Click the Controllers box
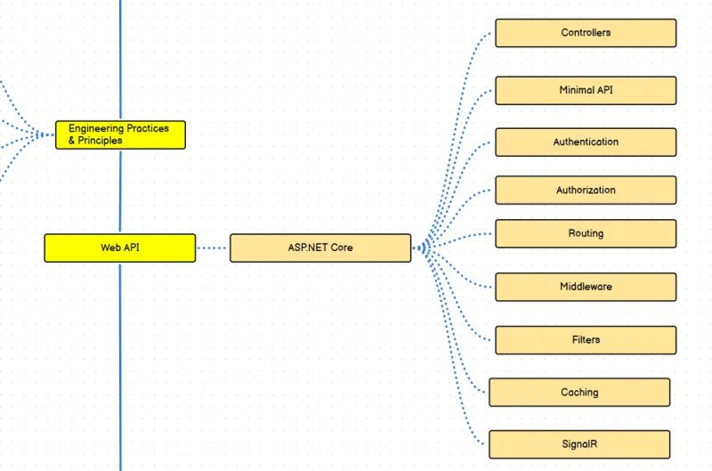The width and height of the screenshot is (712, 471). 586,33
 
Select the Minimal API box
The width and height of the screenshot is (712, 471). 586,90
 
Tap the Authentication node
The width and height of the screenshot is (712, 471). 586,142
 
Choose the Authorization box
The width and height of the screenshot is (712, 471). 586,190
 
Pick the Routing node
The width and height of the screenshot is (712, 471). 586,233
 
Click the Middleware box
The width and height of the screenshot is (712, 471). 586,287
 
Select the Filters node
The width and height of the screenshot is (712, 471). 586,339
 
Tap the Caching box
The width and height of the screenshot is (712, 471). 579,392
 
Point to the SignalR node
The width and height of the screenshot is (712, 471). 579,443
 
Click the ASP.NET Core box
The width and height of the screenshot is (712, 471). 320,248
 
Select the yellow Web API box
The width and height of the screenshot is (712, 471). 119,248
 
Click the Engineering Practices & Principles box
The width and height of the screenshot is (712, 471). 120,134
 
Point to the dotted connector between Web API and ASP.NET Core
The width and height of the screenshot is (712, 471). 213,248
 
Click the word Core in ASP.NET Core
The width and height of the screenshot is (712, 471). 342,248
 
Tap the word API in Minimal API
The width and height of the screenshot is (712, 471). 605,90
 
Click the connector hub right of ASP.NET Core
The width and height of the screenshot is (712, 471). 424,247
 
